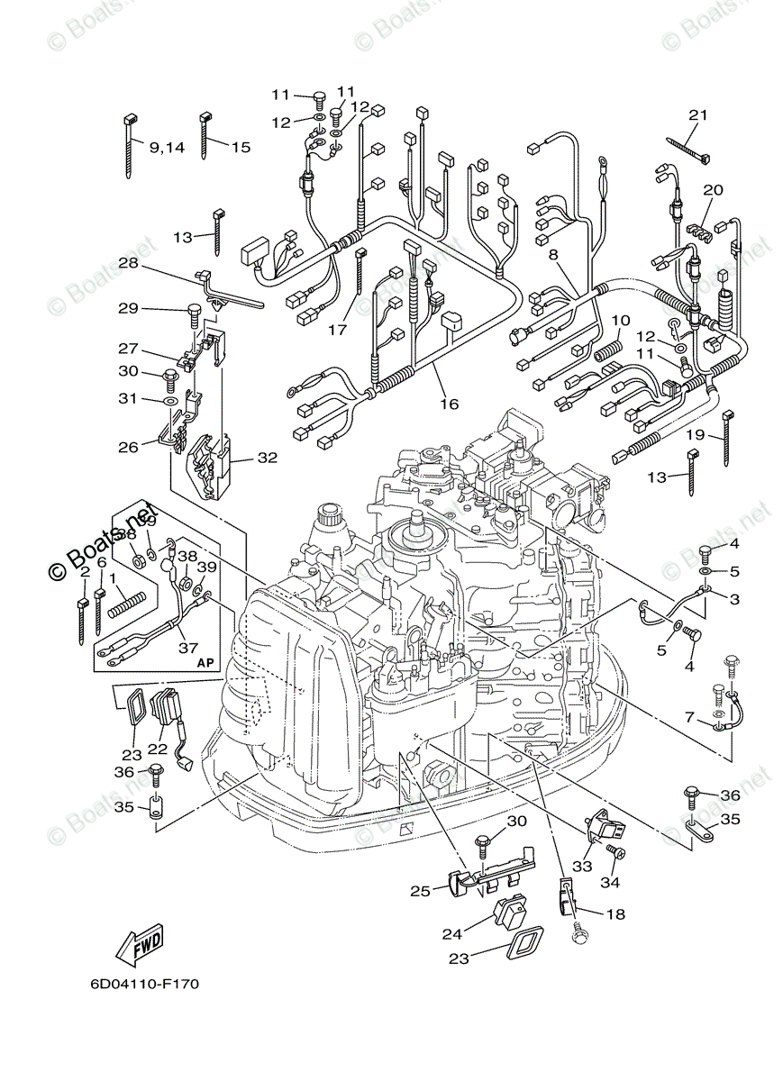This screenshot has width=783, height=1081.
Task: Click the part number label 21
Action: pyautogui.click(x=698, y=115)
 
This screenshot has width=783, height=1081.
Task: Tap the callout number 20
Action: pyautogui.click(x=713, y=190)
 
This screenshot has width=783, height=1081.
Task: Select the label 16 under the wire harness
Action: pyautogui.click(x=449, y=404)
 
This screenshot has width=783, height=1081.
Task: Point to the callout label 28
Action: pyautogui.click(x=128, y=263)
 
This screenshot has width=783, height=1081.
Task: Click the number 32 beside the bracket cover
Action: pyautogui.click(x=267, y=458)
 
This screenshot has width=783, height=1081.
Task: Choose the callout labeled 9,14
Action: pyautogui.click(x=167, y=147)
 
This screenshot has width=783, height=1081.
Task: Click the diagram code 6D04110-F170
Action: pyautogui.click(x=144, y=983)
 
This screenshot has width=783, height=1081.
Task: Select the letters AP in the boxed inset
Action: pyautogui.click(x=206, y=662)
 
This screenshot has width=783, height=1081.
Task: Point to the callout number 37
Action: pyautogui.click(x=188, y=646)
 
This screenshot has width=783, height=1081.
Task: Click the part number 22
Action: pyautogui.click(x=158, y=749)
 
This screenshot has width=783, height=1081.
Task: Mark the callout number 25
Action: pyautogui.click(x=420, y=891)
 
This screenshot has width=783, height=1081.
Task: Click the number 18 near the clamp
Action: pyautogui.click(x=615, y=913)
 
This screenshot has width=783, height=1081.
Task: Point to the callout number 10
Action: pyautogui.click(x=621, y=320)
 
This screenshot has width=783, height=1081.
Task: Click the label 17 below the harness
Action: pyautogui.click(x=337, y=331)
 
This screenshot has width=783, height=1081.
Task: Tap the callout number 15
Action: pyautogui.click(x=241, y=147)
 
